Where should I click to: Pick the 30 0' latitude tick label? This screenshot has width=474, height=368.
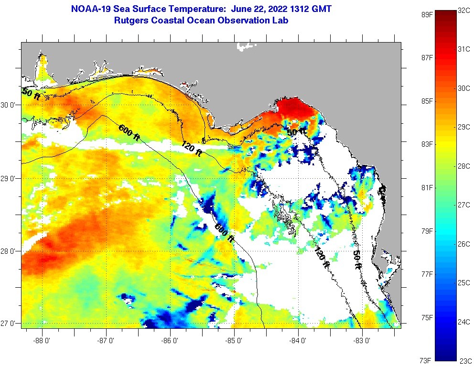pos(10,105)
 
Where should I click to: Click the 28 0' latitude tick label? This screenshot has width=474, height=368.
pos(10,251)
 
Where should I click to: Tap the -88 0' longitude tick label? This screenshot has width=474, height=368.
pos(42,341)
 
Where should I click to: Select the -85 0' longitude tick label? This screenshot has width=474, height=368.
pos(234,341)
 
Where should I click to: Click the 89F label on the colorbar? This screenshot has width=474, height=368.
pos(426,14)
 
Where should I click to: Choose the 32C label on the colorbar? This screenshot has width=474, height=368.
pos(465,10)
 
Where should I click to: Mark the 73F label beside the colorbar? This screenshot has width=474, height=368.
pos(426,360)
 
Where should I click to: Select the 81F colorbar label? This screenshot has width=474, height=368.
pos(426,187)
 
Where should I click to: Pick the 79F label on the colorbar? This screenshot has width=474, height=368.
pos(426,231)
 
